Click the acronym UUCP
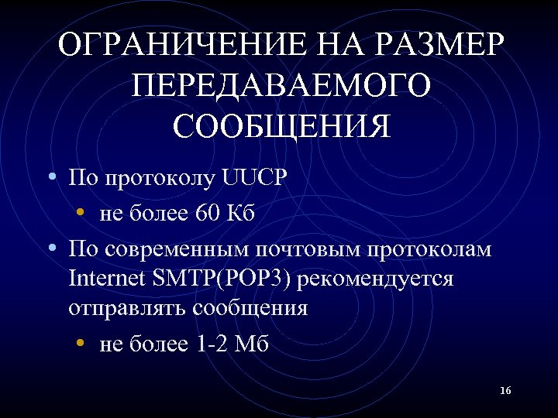point(254,180)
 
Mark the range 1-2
point(210,344)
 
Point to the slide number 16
point(505,391)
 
